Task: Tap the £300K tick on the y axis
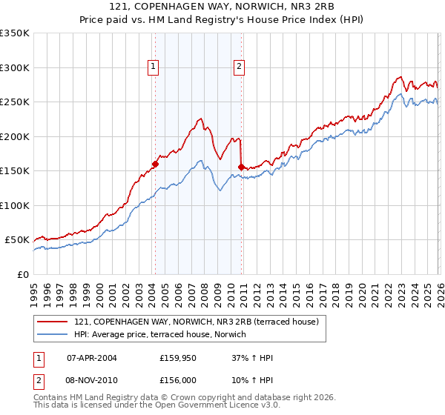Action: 15,67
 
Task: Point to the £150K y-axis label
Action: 15,170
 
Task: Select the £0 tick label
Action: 22,274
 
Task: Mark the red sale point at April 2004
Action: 155,164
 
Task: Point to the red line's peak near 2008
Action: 200,119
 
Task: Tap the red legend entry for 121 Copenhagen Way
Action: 196,322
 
